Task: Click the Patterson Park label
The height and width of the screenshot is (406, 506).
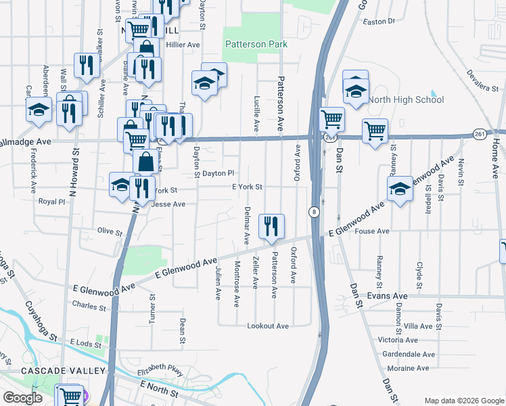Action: point(256,45)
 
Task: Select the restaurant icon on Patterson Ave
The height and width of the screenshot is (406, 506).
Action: point(271,227)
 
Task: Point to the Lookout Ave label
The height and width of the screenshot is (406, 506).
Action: point(268,326)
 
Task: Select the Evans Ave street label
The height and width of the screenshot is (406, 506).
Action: point(387,296)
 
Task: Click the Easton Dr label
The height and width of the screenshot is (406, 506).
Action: point(379,21)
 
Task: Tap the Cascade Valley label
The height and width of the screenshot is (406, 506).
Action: point(53,371)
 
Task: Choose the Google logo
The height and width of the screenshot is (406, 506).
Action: point(22,398)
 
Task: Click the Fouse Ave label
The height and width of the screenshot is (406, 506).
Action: point(372,231)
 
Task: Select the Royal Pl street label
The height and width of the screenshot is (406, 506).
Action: point(51,202)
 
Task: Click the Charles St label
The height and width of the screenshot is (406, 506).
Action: point(89,307)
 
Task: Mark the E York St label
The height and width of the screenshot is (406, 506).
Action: point(246,187)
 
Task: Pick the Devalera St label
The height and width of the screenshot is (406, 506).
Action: point(486,80)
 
